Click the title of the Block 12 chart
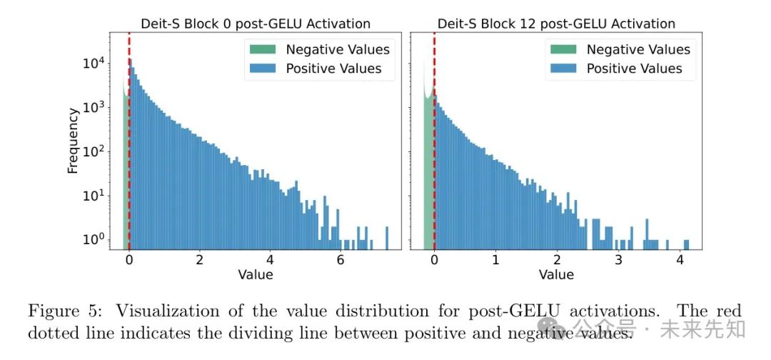click(556, 24)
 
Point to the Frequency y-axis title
click(73, 140)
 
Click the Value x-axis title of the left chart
click(255, 274)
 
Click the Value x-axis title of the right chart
click(556, 274)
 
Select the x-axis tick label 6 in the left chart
click(341, 260)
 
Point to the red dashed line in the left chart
click(129, 143)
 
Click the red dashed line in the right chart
click(434, 143)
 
